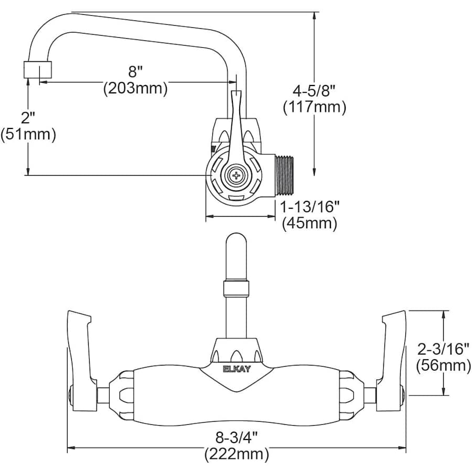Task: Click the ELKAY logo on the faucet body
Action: [x=237, y=368]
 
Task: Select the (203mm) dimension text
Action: [x=135, y=88]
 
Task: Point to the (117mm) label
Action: [x=314, y=108]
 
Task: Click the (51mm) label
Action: [x=28, y=134]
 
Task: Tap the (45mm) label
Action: [x=309, y=223]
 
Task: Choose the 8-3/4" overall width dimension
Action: [x=236, y=436]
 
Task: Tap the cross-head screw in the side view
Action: [x=237, y=175]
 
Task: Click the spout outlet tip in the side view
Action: [x=38, y=70]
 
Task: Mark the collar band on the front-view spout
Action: [x=236, y=288]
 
